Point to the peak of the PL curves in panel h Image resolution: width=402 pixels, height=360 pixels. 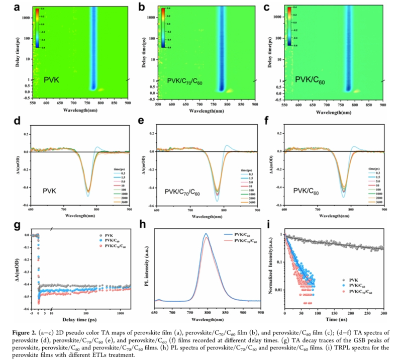point(206,234)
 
